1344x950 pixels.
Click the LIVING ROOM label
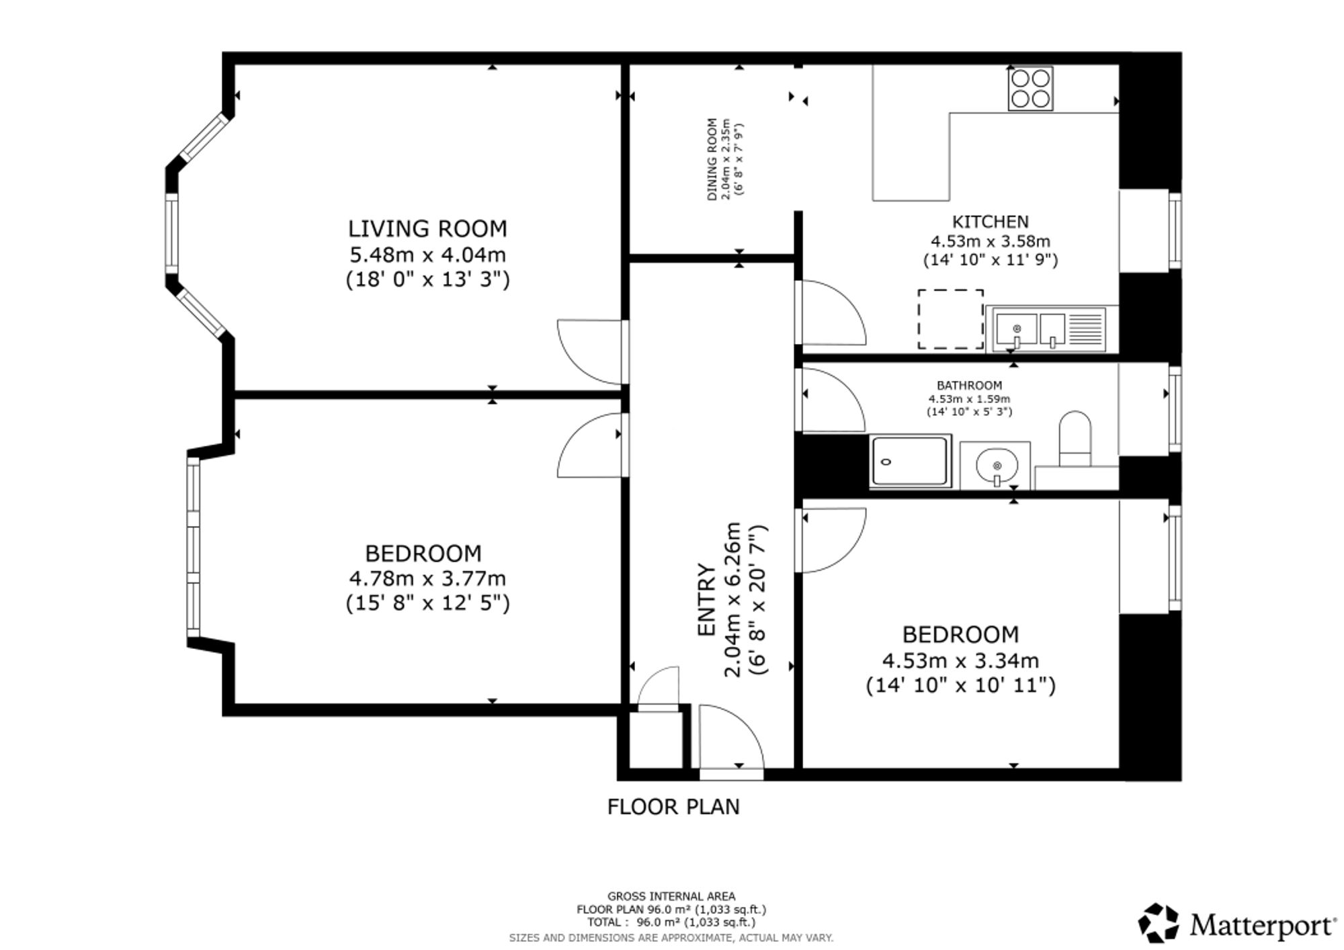pos(427,228)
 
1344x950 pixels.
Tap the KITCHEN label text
pos(990,222)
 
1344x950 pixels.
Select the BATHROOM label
pos(969,386)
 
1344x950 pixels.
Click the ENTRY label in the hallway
pos(707,599)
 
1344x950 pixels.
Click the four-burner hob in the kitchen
pos(1030,89)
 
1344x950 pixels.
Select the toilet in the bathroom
pos(1075,439)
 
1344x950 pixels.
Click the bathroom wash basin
pos(995,465)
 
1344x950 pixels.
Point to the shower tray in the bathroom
pos(911,461)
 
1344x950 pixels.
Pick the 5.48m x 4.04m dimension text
pos(427,255)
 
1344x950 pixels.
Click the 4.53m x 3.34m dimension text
pos(960,660)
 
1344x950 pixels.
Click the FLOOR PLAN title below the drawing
pos(673,806)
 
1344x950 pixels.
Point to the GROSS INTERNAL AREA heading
pos(671,896)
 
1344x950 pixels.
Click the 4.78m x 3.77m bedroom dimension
pos(427,578)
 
